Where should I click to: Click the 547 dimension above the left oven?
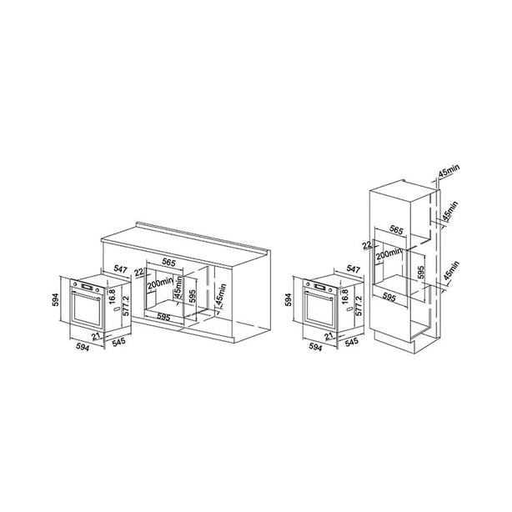(120, 269)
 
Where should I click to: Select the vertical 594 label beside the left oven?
(55, 299)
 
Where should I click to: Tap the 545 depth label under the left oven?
(118, 342)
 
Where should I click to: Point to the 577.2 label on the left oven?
(126, 306)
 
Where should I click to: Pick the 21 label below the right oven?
(329, 336)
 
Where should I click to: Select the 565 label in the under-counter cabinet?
(169, 262)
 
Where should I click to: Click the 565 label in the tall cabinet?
(396, 230)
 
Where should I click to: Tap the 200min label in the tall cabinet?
(389, 253)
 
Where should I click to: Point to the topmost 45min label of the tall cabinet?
(449, 171)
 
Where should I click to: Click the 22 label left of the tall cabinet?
(368, 245)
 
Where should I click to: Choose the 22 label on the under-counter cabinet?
(138, 272)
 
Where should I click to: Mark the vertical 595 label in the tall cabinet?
(421, 273)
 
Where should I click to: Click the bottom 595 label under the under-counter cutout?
(163, 316)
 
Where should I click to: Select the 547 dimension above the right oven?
(353, 269)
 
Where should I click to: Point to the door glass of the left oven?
(87, 309)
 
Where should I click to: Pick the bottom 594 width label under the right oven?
(315, 348)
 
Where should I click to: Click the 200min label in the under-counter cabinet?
(159, 284)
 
